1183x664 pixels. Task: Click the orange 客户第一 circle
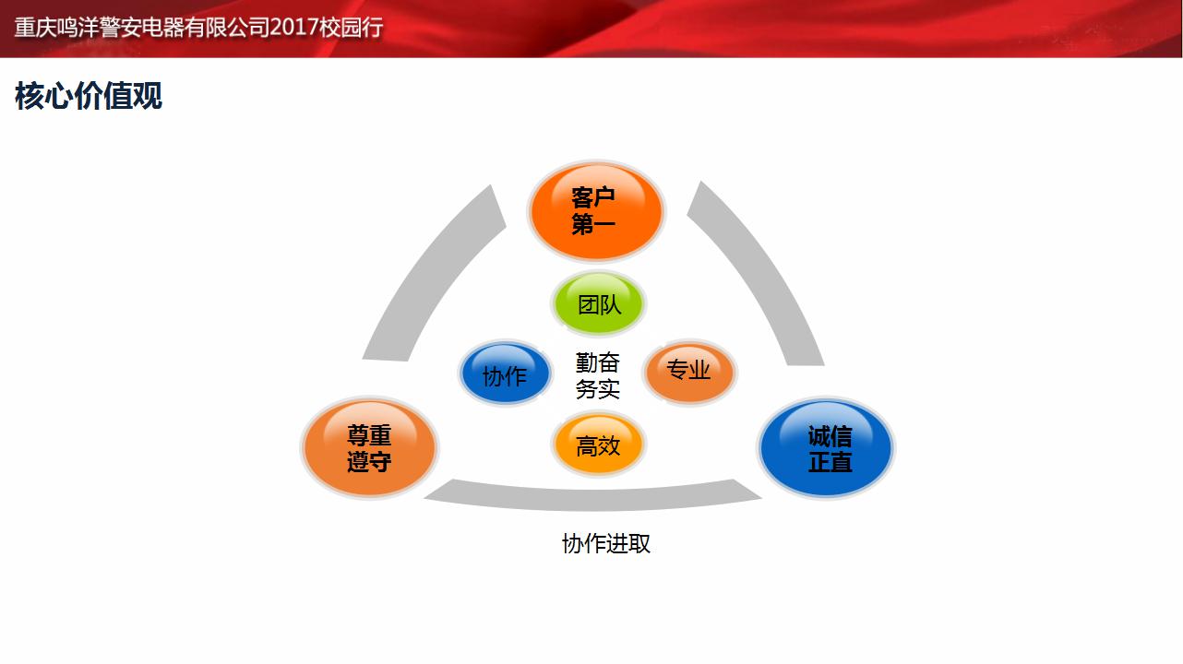point(596,211)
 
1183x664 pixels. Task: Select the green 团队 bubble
point(598,304)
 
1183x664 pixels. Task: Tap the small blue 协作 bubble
point(506,373)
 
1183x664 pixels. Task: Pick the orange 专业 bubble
point(689,373)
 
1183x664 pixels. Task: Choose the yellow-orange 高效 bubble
point(598,445)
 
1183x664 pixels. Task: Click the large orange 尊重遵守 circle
point(370,447)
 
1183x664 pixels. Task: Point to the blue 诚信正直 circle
point(826,448)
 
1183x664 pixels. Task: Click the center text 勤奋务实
point(597,376)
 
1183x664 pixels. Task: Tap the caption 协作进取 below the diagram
point(605,544)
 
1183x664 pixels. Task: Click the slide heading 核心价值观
point(89,96)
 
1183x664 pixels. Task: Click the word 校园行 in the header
point(351,28)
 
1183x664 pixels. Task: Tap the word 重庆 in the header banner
point(35,28)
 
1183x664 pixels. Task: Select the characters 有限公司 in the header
point(227,28)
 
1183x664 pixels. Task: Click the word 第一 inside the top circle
point(593,224)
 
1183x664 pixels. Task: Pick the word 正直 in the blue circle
point(830,462)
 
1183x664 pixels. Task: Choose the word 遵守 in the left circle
point(369,461)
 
